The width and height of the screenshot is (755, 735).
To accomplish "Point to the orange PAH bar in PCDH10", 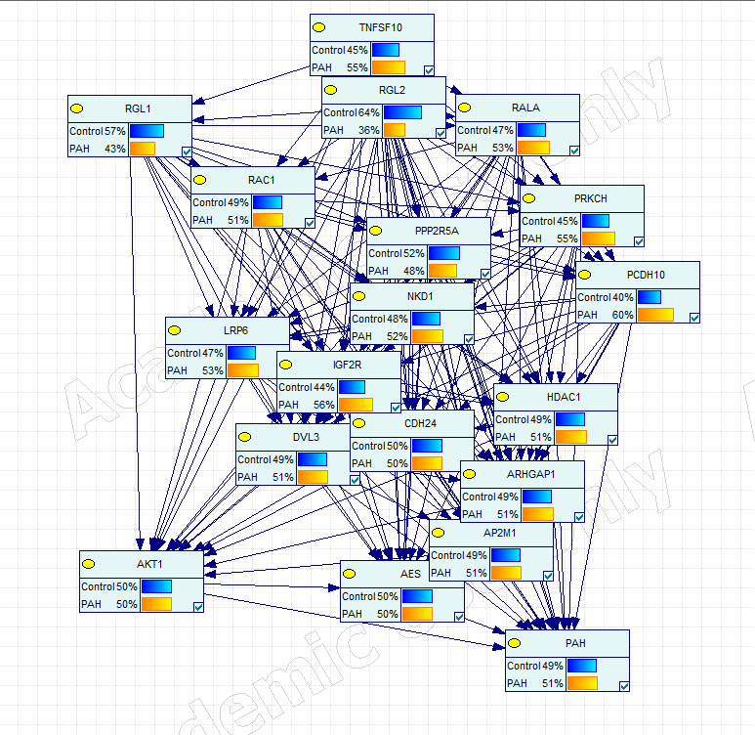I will tap(656, 315).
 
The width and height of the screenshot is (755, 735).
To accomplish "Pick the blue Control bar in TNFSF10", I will tap(385, 50).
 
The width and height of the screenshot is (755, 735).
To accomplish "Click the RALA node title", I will tap(525, 108).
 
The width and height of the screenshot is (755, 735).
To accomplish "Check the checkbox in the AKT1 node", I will tap(198, 606).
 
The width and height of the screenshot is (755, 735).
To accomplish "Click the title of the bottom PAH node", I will tap(575, 643).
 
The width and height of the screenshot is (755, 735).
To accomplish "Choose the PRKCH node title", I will tap(591, 198).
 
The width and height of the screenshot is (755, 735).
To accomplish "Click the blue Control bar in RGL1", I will tap(147, 131).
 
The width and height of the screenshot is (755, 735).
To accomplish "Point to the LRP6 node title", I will tap(235, 330).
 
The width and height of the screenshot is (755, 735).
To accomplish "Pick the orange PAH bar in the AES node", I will tap(417, 614).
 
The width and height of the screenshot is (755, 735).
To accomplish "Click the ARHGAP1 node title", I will tap(530, 474).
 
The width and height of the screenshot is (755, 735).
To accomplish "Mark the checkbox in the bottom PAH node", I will tap(623, 684).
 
